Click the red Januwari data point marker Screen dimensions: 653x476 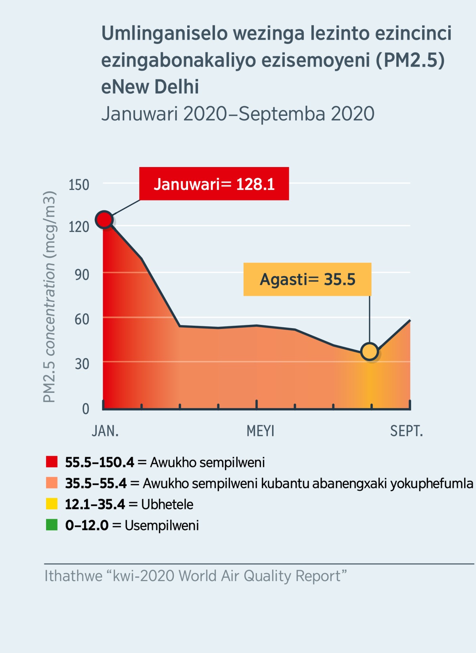(x=104, y=219)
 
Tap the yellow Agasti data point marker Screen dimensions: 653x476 (x=370, y=351)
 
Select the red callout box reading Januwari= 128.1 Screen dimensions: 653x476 (x=214, y=184)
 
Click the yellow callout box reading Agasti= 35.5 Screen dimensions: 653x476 (x=307, y=279)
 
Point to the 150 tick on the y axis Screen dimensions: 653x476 (x=79, y=185)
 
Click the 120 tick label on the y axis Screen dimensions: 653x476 (x=79, y=227)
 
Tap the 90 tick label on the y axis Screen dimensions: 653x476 (x=82, y=275)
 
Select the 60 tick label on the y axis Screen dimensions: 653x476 (x=82, y=319)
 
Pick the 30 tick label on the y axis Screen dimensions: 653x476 (x=82, y=364)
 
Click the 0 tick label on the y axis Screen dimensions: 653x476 (x=85, y=409)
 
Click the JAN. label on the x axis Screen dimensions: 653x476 (x=105, y=431)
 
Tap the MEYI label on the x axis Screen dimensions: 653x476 (x=260, y=431)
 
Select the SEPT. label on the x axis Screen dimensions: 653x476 (x=406, y=431)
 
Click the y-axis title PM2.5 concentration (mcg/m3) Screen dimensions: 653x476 (x=49, y=297)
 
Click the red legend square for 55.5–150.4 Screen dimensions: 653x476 (x=52, y=462)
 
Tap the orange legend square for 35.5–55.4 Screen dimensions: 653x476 (x=52, y=483)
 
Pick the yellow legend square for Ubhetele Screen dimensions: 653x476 (x=52, y=504)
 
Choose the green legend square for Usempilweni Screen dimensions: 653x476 (x=52, y=525)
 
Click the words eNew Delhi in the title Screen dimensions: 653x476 (x=150, y=87)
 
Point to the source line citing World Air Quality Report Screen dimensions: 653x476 (x=195, y=576)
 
